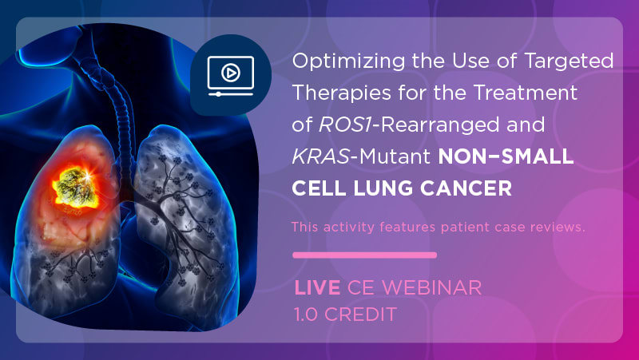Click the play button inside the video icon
[230, 73]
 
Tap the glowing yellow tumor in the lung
[74, 187]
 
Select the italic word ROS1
[345, 125]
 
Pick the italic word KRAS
[321, 156]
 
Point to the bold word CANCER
[466, 188]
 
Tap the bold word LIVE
[317, 288]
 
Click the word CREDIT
[361, 314]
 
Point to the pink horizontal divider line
[365, 255]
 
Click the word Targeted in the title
[569, 62]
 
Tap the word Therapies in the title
[342, 93]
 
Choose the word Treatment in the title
[525, 93]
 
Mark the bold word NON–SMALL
[506, 156]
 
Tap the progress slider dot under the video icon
[218, 94]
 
